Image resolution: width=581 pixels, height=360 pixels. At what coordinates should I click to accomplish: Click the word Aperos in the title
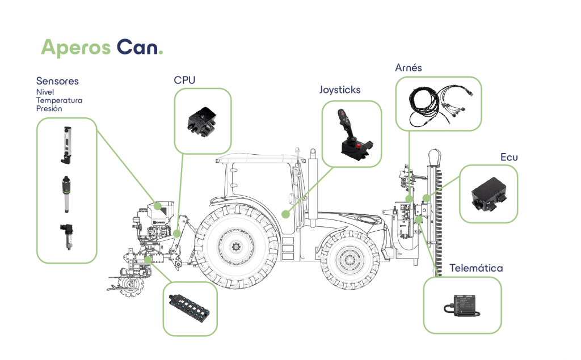pos(75,48)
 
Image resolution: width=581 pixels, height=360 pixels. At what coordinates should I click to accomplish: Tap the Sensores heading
pos(57,81)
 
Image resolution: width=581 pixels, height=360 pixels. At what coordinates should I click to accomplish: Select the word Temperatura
pos(59,100)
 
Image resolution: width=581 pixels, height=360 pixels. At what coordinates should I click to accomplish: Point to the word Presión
pos(49,108)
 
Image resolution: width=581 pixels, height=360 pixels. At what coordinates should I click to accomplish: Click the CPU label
pos(184,81)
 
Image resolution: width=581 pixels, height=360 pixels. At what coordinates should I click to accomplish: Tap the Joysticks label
pos(339,90)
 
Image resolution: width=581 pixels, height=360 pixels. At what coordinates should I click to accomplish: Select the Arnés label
pos(409,68)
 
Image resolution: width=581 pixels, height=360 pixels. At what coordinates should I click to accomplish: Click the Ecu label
pos(509,157)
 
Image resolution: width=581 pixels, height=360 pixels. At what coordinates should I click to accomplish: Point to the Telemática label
pos(476,268)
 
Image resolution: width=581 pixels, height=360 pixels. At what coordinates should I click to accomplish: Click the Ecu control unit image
pos(489,194)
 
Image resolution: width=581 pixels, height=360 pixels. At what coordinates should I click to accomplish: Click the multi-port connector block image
pos(190,309)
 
